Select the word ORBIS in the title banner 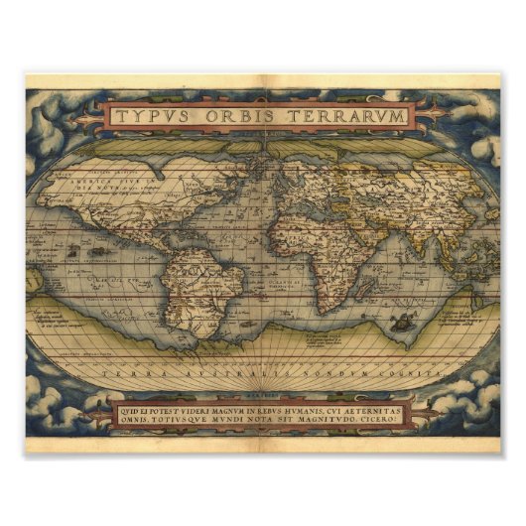point(239,116)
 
